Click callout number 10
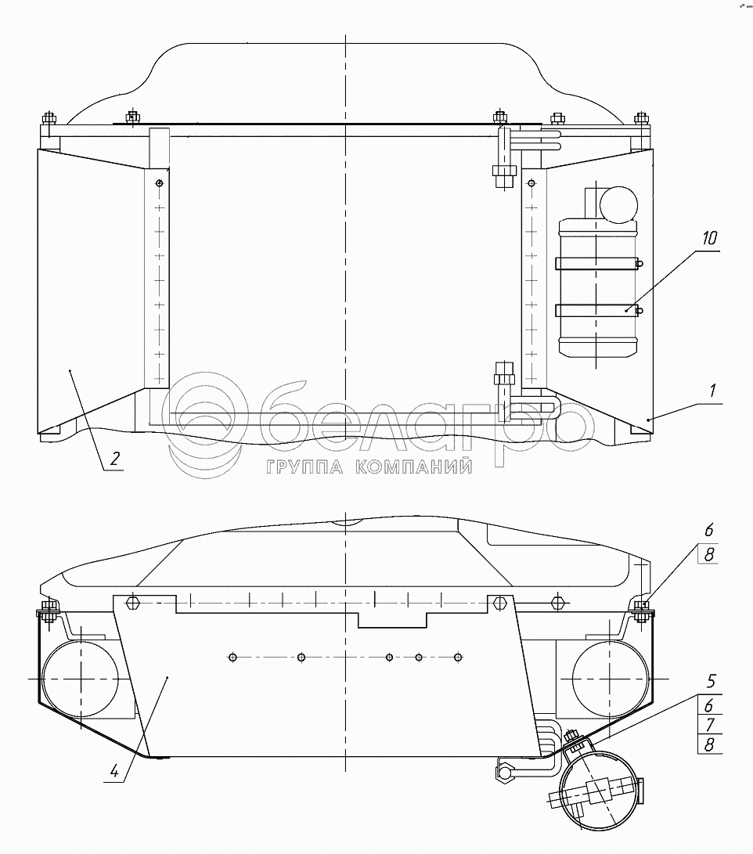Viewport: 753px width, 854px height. [710, 239]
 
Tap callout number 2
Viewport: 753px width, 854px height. [115, 459]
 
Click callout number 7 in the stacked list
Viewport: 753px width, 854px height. [710, 724]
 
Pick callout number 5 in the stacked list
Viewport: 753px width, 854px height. [710, 681]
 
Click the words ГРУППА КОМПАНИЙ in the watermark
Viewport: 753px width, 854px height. [369, 467]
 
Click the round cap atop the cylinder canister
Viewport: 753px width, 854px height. [619, 204]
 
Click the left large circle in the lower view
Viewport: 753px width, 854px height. [77, 677]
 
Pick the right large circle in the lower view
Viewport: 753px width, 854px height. [610, 677]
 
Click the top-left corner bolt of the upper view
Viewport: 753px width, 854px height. [49, 120]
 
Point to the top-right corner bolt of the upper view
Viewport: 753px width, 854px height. [642, 120]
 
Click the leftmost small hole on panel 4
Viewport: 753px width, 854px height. [232, 657]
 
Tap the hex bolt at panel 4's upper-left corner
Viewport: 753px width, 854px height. [132, 603]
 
